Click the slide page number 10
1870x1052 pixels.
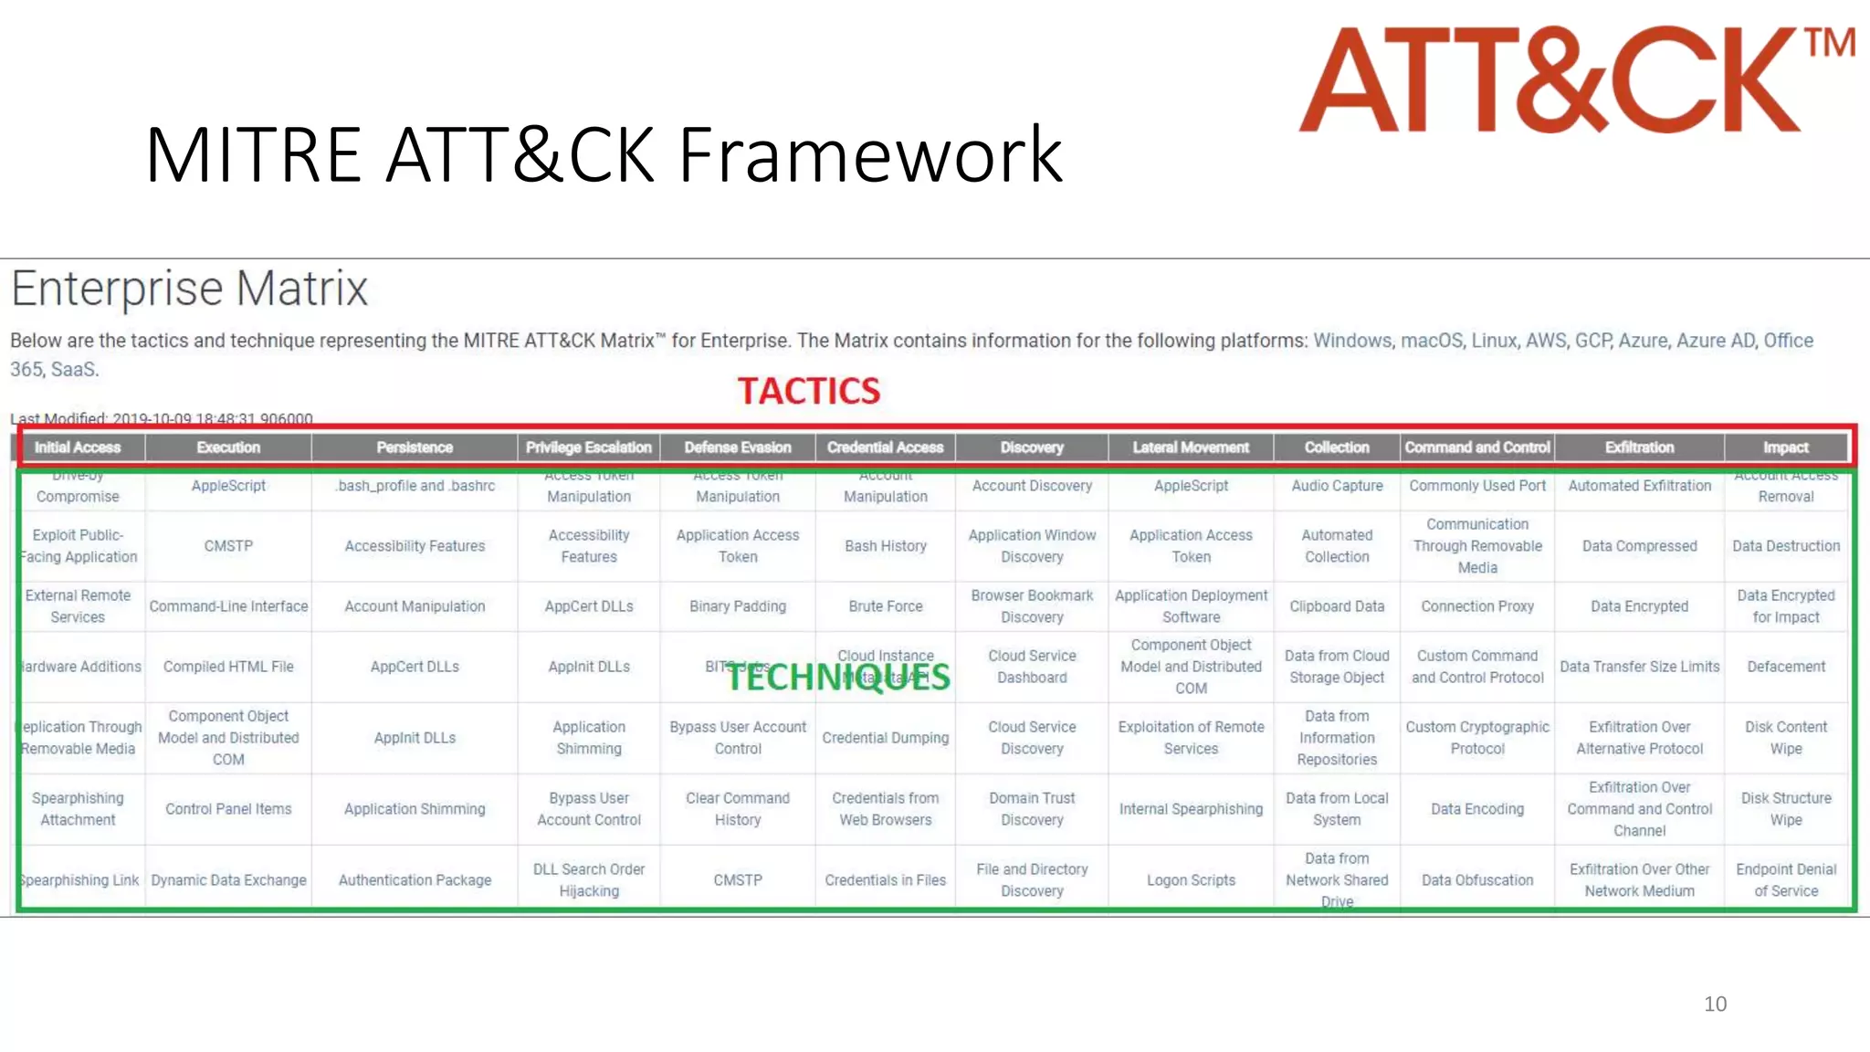tap(1715, 1004)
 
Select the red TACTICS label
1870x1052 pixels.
tap(809, 391)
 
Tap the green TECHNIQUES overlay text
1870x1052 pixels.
tap(838, 677)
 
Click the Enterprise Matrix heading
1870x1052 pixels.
tap(189, 289)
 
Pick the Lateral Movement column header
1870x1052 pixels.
tap(1191, 447)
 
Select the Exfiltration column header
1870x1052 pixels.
tap(1639, 447)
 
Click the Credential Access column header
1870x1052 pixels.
tap(885, 447)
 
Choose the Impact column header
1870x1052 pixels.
tap(1785, 447)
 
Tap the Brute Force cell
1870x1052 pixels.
tap(885, 606)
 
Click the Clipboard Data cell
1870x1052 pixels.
tap(1337, 606)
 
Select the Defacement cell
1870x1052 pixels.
tap(1786, 667)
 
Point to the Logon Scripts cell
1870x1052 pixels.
tap(1191, 880)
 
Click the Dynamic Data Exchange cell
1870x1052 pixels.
tap(228, 880)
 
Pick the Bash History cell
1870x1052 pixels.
tap(885, 546)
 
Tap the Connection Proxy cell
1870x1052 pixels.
tap(1477, 606)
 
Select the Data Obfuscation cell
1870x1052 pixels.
tap(1477, 880)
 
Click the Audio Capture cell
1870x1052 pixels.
tap(1337, 486)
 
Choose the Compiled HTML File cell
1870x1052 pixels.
tap(228, 667)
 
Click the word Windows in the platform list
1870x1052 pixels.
tap(1352, 341)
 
